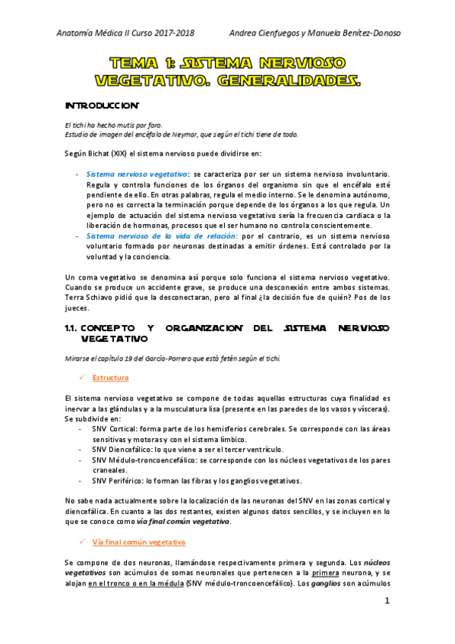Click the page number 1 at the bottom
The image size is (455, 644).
click(x=387, y=602)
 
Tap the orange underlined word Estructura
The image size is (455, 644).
click(x=110, y=377)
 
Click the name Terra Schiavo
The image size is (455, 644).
click(x=91, y=298)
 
